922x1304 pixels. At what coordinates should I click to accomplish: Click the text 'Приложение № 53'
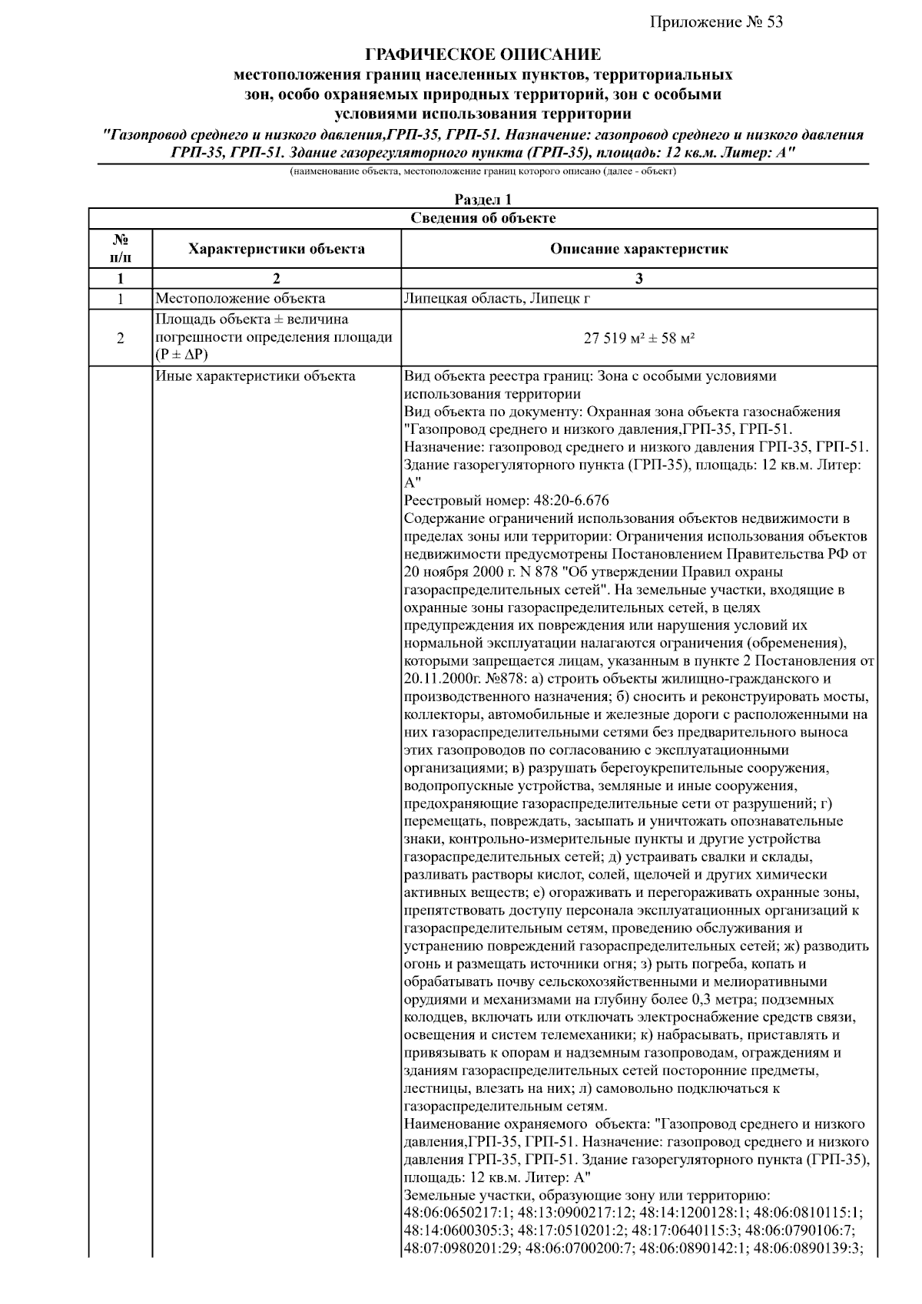[x=716, y=22]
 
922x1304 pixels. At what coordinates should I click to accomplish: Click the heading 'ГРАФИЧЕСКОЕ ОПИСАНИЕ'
[x=483, y=55]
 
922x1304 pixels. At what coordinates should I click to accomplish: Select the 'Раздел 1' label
[x=483, y=200]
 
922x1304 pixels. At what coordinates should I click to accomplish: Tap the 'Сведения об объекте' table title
[x=483, y=218]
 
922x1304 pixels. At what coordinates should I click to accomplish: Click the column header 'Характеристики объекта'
[x=277, y=249]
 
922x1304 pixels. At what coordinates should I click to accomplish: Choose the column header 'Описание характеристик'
[x=638, y=249]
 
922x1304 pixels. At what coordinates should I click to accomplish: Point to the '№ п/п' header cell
[x=121, y=249]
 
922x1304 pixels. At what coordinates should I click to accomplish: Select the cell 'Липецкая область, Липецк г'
[x=496, y=299]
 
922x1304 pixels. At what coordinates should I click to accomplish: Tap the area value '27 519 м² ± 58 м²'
[x=638, y=338]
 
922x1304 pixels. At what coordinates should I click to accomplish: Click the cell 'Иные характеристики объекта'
[x=255, y=376]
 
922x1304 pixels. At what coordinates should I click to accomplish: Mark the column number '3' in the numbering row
[x=638, y=279]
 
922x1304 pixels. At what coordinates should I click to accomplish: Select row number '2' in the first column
[x=121, y=338]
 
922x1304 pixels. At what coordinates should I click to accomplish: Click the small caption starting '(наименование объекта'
[x=483, y=171]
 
